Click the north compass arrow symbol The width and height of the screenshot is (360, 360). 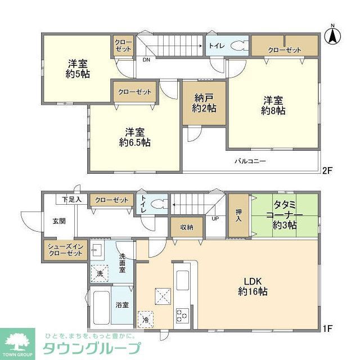[x=332, y=35]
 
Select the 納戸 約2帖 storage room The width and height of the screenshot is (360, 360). [x=204, y=103]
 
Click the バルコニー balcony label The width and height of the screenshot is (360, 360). [x=250, y=161]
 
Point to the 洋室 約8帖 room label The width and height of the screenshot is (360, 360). [x=273, y=106]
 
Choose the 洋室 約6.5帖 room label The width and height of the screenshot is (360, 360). [x=134, y=137]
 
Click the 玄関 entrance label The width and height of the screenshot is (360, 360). [x=59, y=220]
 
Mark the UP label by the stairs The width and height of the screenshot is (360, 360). [x=215, y=218]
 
